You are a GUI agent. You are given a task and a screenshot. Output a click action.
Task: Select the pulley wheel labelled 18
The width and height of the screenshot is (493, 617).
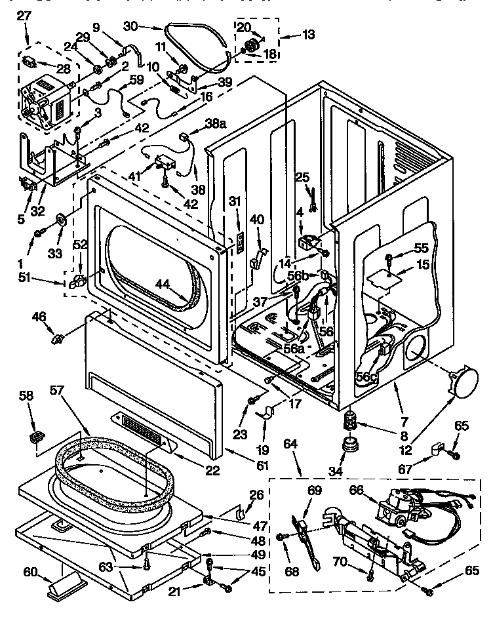(250, 46)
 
